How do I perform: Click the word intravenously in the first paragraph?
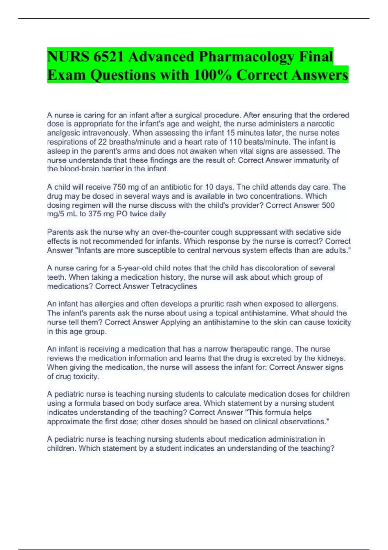pos(104,133)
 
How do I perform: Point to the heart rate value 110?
pos(235,142)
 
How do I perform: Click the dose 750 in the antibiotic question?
pos(119,187)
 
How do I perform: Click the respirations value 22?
pos(102,142)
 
